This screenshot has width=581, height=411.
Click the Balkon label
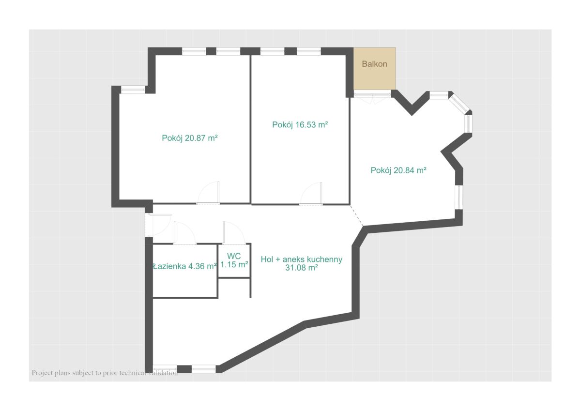pyautogui.click(x=374, y=64)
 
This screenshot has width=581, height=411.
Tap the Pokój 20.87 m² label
pyautogui.click(x=190, y=137)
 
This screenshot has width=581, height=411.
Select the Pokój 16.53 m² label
pyautogui.click(x=300, y=125)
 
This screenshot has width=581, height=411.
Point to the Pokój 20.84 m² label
pyautogui.click(x=398, y=170)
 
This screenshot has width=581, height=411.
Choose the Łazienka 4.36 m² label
pyautogui.click(x=185, y=266)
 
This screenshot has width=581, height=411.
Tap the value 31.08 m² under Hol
pyautogui.click(x=301, y=268)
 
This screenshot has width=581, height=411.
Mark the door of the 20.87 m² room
pyautogui.click(x=208, y=193)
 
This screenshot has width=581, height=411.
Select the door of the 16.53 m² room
pyautogui.click(x=311, y=194)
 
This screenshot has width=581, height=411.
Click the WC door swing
pyautogui.click(x=234, y=232)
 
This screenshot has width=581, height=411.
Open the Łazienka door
pyautogui.click(x=185, y=233)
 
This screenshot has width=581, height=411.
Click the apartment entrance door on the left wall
pyautogui.click(x=158, y=225)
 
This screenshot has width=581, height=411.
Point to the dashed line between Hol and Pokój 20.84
pyautogui.click(x=357, y=216)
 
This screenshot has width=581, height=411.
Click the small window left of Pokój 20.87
pyautogui.click(x=133, y=90)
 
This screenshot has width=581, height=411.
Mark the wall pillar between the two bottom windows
pyautogui.click(x=184, y=369)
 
